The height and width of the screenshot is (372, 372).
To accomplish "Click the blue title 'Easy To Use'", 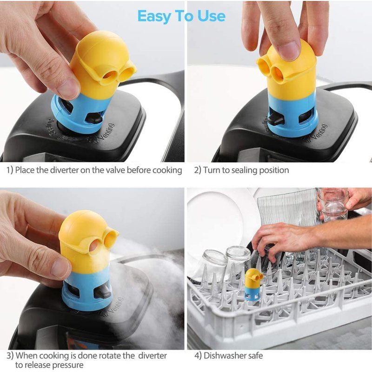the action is point(181,16).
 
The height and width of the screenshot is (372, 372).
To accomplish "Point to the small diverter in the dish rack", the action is point(253,285).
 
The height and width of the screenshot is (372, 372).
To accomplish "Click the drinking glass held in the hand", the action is point(333,205).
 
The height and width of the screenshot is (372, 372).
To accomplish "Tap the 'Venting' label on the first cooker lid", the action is point(104,132).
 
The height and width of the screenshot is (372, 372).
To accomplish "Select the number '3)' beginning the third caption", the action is point(10,356).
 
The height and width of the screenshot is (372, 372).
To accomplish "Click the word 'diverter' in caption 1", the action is point(65,170).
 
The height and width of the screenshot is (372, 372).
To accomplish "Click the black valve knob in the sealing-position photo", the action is point(276,119).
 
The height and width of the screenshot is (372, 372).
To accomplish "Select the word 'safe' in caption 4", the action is point(256,355).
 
